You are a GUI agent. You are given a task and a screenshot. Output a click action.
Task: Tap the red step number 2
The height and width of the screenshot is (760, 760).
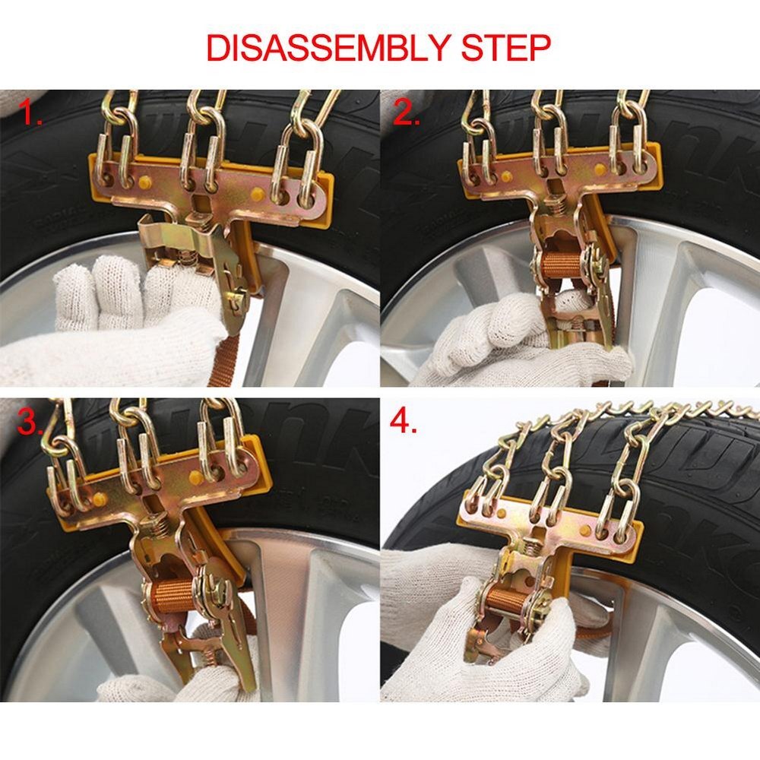click(408, 114)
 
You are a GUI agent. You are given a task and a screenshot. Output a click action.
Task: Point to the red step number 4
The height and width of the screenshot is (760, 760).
click(405, 423)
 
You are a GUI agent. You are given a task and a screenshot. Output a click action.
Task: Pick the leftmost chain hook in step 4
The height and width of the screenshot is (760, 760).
click(486, 486)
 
